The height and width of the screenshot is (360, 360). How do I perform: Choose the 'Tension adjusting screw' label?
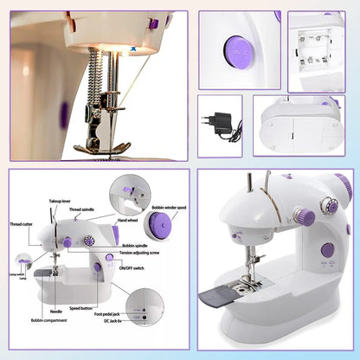click(139, 254)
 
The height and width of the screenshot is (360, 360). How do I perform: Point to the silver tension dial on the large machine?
click(328, 206)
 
